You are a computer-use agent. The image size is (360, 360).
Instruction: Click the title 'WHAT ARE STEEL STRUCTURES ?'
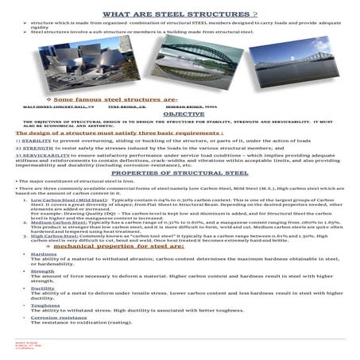coord(180,15)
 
